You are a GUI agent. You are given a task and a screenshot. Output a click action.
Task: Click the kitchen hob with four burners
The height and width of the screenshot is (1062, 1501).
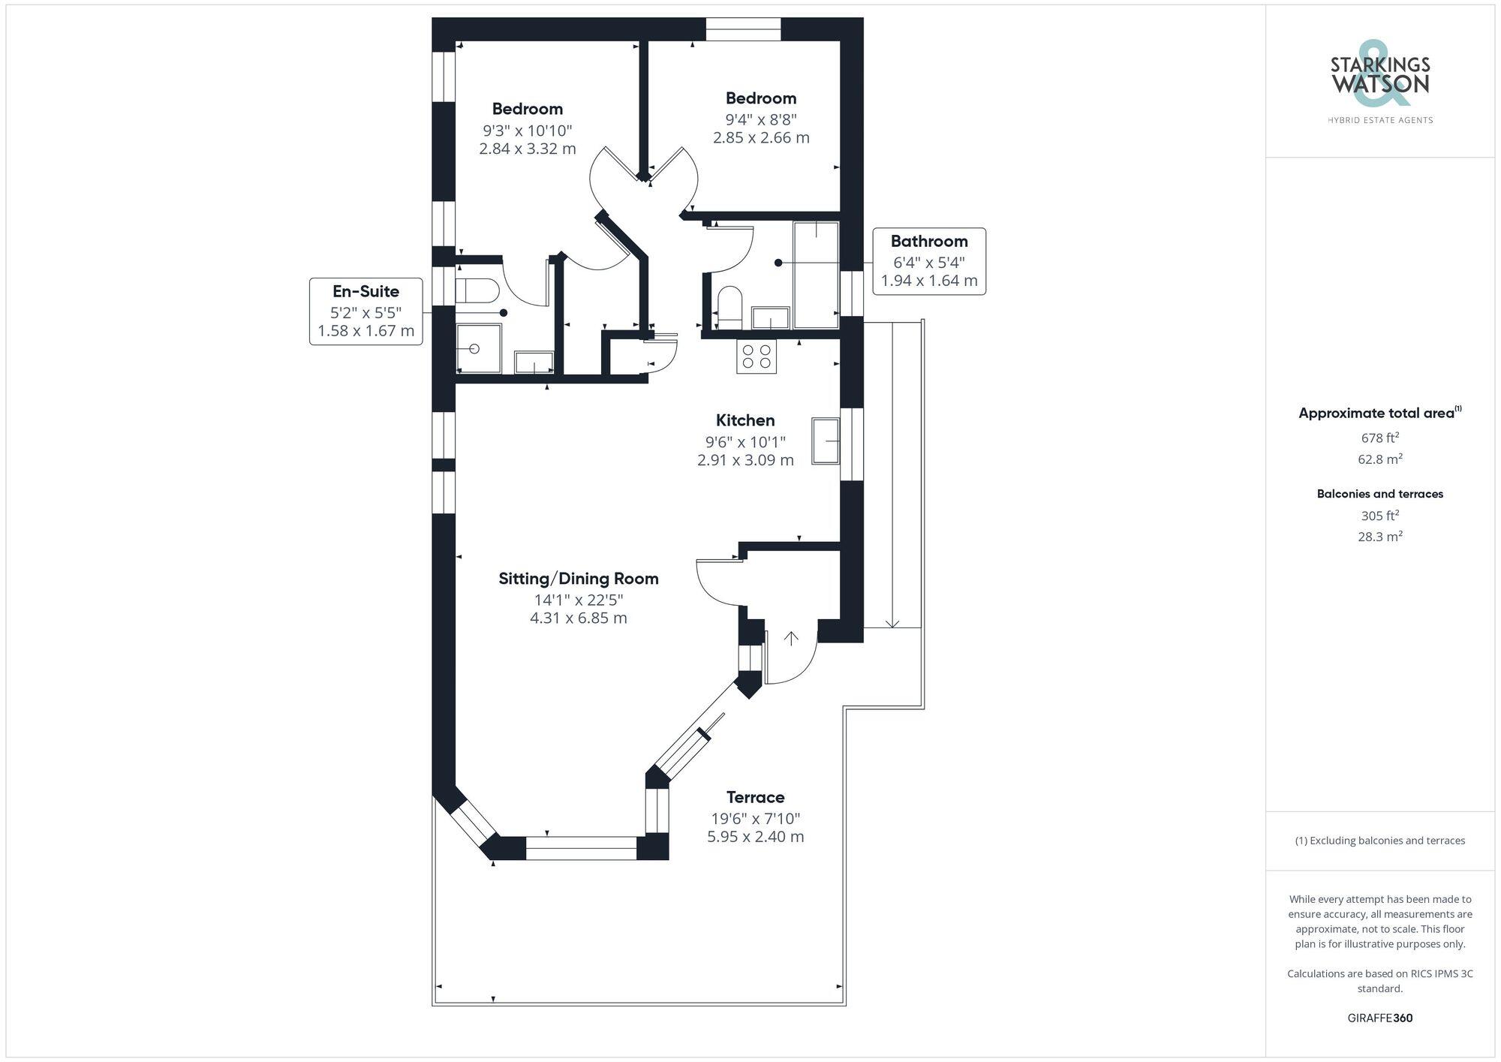(757, 356)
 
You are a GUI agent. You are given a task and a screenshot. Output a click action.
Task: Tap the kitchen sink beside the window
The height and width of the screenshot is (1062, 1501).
(826, 441)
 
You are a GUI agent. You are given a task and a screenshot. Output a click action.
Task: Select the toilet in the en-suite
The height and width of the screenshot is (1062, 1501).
(477, 290)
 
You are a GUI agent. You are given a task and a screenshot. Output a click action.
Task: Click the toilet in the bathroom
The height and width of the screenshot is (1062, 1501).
(729, 306)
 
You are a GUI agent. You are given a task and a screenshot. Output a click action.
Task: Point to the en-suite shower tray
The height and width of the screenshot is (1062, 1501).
(478, 348)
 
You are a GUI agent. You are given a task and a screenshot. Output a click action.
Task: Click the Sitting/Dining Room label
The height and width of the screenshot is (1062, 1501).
(579, 579)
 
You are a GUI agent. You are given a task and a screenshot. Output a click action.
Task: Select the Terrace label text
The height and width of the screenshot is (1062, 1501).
(755, 797)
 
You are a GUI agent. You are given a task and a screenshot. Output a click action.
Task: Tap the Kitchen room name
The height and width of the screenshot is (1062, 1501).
(745, 420)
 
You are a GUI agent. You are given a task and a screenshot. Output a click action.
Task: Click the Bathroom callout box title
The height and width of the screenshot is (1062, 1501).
(929, 242)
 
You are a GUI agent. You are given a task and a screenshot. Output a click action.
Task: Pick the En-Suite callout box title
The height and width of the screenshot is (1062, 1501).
(365, 291)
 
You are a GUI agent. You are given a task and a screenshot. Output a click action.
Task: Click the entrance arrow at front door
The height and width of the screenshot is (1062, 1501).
(791, 639)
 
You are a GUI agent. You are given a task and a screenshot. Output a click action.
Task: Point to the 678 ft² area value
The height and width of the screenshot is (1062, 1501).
(1379, 438)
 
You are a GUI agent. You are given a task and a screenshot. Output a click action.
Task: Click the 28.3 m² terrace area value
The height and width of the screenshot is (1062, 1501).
(1379, 537)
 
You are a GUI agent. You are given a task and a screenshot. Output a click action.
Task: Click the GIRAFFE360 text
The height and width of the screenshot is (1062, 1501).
(1379, 1018)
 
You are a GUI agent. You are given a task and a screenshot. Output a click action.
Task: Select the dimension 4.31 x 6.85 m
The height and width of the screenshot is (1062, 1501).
(579, 618)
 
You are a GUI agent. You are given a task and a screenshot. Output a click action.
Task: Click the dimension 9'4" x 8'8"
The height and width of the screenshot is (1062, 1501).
(761, 119)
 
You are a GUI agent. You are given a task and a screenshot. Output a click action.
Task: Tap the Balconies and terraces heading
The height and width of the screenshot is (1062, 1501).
(1379, 494)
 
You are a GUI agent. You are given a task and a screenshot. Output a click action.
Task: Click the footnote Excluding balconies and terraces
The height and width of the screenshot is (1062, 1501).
(1379, 841)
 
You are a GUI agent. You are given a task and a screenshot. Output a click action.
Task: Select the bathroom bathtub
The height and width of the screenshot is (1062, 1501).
(816, 275)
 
